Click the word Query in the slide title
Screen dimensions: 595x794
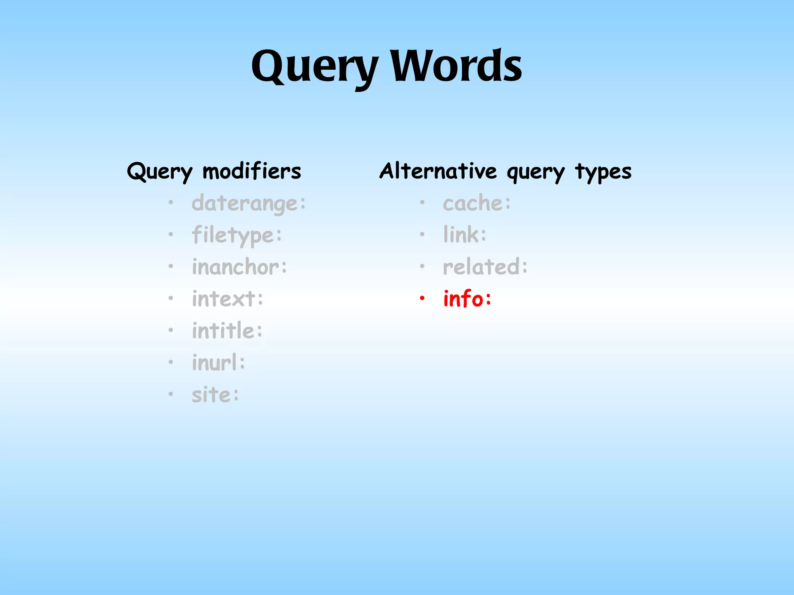point(314,67)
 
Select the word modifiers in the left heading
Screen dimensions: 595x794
point(252,171)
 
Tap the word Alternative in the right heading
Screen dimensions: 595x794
point(438,171)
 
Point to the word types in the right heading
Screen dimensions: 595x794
point(603,172)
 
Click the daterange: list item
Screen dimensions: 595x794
point(249,203)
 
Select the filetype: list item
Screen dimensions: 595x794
point(237,235)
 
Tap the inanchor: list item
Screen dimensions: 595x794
point(239,267)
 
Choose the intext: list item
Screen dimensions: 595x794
point(228,299)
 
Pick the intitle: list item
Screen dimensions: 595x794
point(227,330)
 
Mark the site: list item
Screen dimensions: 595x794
point(216,395)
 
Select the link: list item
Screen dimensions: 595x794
point(464,235)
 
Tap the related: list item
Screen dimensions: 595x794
point(485,267)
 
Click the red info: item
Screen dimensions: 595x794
point(467,299)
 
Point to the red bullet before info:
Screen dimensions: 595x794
point(422,298)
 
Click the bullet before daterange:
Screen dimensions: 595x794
point(171,203)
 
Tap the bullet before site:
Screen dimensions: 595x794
point(171,394)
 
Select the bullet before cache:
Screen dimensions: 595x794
point(422,203)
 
